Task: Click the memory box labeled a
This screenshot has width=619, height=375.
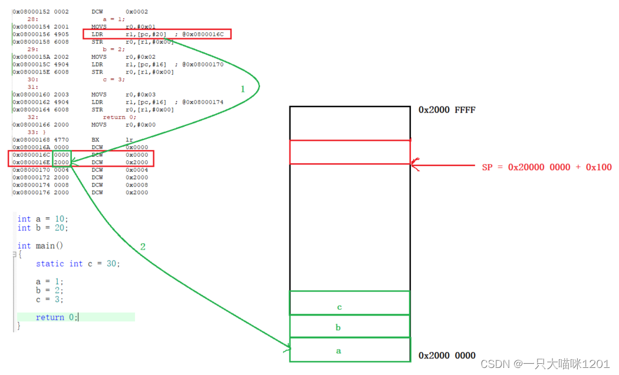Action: point(349,350)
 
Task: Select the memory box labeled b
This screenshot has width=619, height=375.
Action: point(349,327)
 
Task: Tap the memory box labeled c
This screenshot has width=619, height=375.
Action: point(349,303)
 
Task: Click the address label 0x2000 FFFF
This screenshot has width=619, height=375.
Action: point(447,110)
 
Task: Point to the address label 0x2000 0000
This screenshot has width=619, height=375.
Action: point(447,356)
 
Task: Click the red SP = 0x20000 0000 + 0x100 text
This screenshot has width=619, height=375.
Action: point(546,167)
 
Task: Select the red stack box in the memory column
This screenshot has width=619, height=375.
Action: point(349,152)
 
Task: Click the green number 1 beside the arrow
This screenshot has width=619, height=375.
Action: point(242,89)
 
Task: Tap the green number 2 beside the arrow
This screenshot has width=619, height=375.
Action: point(143,247)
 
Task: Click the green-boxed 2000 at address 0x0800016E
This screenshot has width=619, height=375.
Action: point(61,162)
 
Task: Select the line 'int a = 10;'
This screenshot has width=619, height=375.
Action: point(42,219)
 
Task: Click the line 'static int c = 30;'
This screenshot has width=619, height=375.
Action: point(78,264)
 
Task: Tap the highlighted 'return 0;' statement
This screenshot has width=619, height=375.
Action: point(57,317)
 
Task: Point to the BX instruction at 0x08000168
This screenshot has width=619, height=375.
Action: point(96,140)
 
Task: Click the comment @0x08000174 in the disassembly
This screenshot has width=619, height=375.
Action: point(203,102)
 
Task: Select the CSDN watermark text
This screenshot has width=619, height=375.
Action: point(545,364)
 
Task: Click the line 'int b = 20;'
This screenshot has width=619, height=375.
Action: point(42,228)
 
